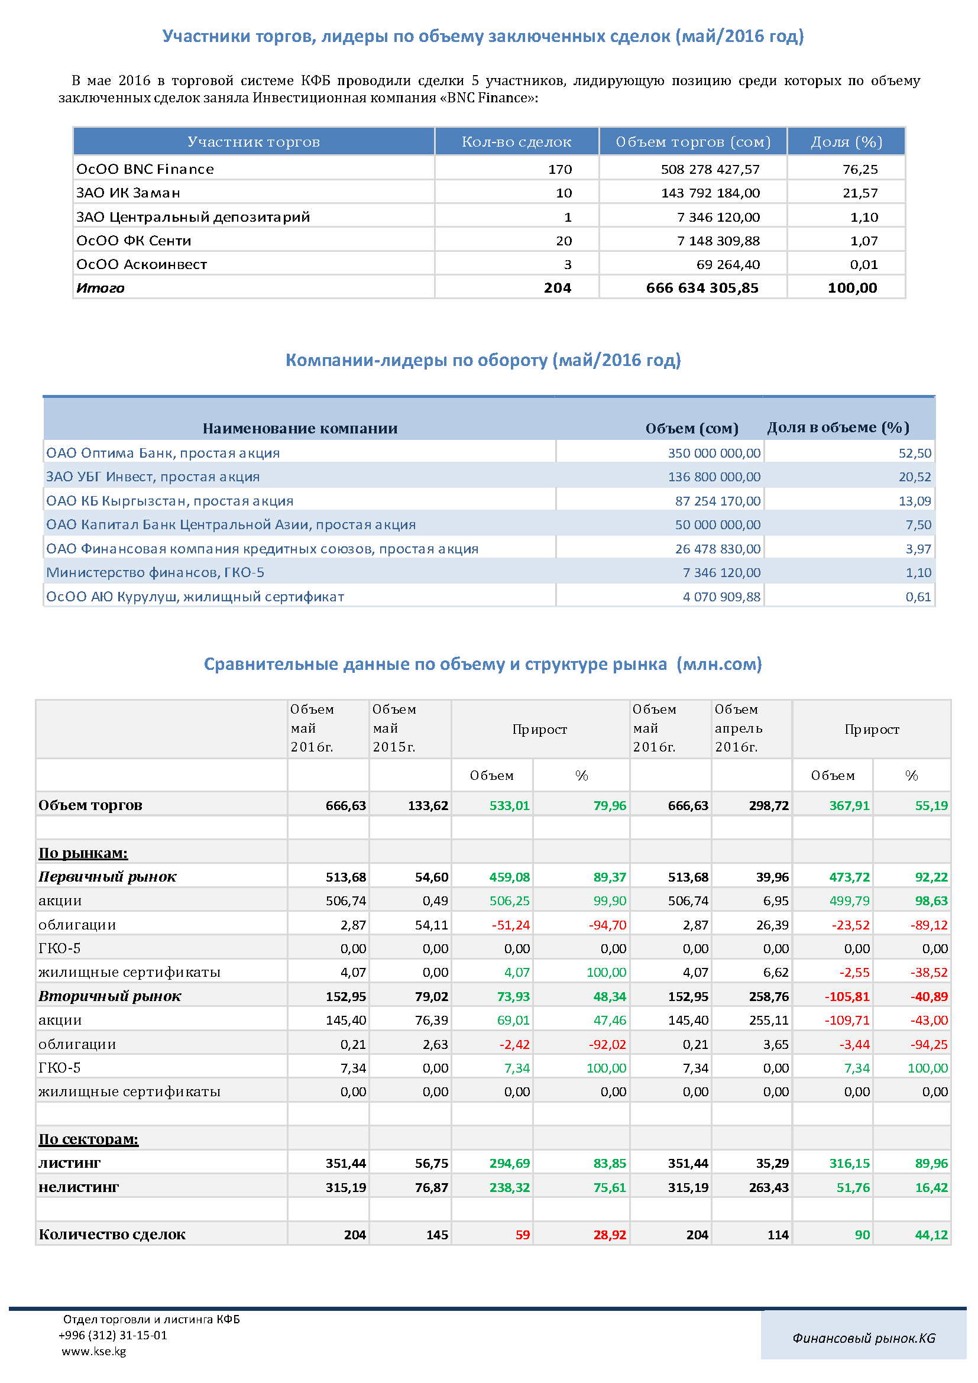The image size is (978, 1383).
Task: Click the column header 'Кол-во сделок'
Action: coord(516,142)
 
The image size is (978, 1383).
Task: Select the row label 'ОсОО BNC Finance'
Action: coord(145,169)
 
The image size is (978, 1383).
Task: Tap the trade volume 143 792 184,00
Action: coord(711,193)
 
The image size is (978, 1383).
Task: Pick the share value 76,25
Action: coord(860,169)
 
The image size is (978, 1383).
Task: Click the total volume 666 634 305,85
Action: coord(702,288)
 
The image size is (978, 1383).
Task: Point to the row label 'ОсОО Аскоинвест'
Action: coord(141,264)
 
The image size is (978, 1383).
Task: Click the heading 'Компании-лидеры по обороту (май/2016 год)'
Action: coord(483,360)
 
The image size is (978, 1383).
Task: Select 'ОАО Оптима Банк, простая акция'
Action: coord(163,453)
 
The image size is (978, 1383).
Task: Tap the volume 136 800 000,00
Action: coord(714,477)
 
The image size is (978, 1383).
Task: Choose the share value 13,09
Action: coord(915,501)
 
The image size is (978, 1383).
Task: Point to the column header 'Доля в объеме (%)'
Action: coord(838,427)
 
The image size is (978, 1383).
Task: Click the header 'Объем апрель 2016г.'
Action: coord(739,728)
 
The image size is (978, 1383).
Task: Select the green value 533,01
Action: coord(510,806)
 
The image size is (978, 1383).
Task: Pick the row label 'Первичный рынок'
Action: coord(108,877)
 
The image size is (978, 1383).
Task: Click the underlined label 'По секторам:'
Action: coord(89,1139)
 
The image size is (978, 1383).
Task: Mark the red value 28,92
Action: coord(610,1235)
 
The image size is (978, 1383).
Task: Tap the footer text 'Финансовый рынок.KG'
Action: coord(863,1339)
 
